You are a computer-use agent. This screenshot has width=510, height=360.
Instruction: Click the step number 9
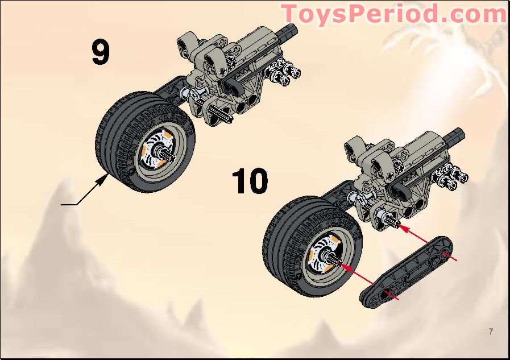(100, 52)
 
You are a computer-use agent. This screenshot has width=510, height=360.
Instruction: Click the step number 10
(250, 181)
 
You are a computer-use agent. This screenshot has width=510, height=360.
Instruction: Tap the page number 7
(490, 331)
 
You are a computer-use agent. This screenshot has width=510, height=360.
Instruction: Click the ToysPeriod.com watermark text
(393, 14)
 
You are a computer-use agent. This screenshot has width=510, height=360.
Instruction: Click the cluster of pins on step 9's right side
(283, 73)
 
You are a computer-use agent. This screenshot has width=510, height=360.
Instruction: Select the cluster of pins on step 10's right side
(451, 175)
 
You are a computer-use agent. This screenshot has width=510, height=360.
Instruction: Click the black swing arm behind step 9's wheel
(165, 94)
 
